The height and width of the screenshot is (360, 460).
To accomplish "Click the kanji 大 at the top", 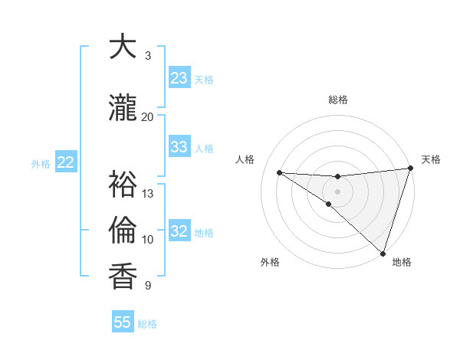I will [123, 47].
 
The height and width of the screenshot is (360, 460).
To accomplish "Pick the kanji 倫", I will [123, 231].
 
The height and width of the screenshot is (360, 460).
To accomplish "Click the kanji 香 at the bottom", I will [123, 277].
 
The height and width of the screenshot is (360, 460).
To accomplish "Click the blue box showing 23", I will [179, 78].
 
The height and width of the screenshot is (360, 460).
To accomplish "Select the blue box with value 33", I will [179, 147].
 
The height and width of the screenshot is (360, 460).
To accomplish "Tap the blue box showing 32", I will [179, 231].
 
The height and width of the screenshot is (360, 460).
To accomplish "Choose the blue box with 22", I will [66, 162].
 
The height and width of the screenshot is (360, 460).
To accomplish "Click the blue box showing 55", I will [123, 322].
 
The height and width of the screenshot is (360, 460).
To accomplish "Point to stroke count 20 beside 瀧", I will [148, 116].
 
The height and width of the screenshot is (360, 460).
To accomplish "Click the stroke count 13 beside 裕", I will [148, 193].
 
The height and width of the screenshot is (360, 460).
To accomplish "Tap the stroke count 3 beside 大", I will [148, 55].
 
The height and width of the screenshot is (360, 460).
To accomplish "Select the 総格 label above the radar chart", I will [337, 100].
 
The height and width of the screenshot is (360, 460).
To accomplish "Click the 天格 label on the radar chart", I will [431, 159].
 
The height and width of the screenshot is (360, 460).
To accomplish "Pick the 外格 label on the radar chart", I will [270, 262].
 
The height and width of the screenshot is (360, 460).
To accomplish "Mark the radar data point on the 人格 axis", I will [279, 172].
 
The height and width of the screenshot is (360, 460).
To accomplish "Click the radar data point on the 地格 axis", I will [382, 252].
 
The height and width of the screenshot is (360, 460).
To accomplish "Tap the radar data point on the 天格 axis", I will [410, 169].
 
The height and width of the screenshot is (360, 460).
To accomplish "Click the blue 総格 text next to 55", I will [147, 324].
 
